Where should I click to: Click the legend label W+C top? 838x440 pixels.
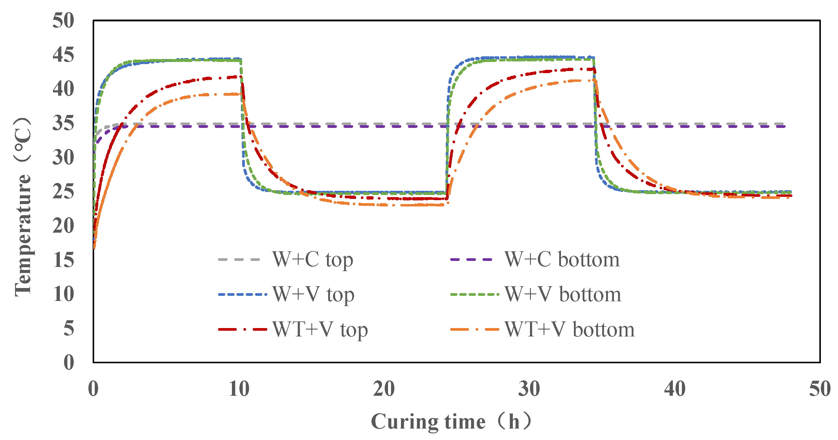[x=312, y=260]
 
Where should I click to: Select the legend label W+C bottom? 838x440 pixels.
[x=562, y=260]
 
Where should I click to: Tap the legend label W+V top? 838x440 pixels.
[x=313, y=295]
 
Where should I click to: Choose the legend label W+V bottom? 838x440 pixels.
[x=563, y=295]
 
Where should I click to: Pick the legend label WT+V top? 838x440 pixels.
[x=320, y=329]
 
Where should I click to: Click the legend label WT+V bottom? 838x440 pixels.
[x=569, y=329]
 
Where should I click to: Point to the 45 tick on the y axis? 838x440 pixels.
[x=63, y=55]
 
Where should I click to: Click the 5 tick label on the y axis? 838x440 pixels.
[x=69, y=328]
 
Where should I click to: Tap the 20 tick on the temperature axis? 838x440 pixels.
[x=63, y=225]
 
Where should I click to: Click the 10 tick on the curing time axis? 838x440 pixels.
[x=239, y=389]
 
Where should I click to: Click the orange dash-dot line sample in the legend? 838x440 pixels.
[x=474, y=329]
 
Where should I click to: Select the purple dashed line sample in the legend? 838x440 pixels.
[x=471, y=260]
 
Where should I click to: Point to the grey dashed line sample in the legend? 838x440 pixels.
[x=239, y=260]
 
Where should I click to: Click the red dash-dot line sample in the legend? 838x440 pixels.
[x=242, y=329]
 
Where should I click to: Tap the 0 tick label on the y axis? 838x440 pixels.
[x=69, y=362]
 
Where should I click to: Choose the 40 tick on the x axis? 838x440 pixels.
[x=675, y=389]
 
